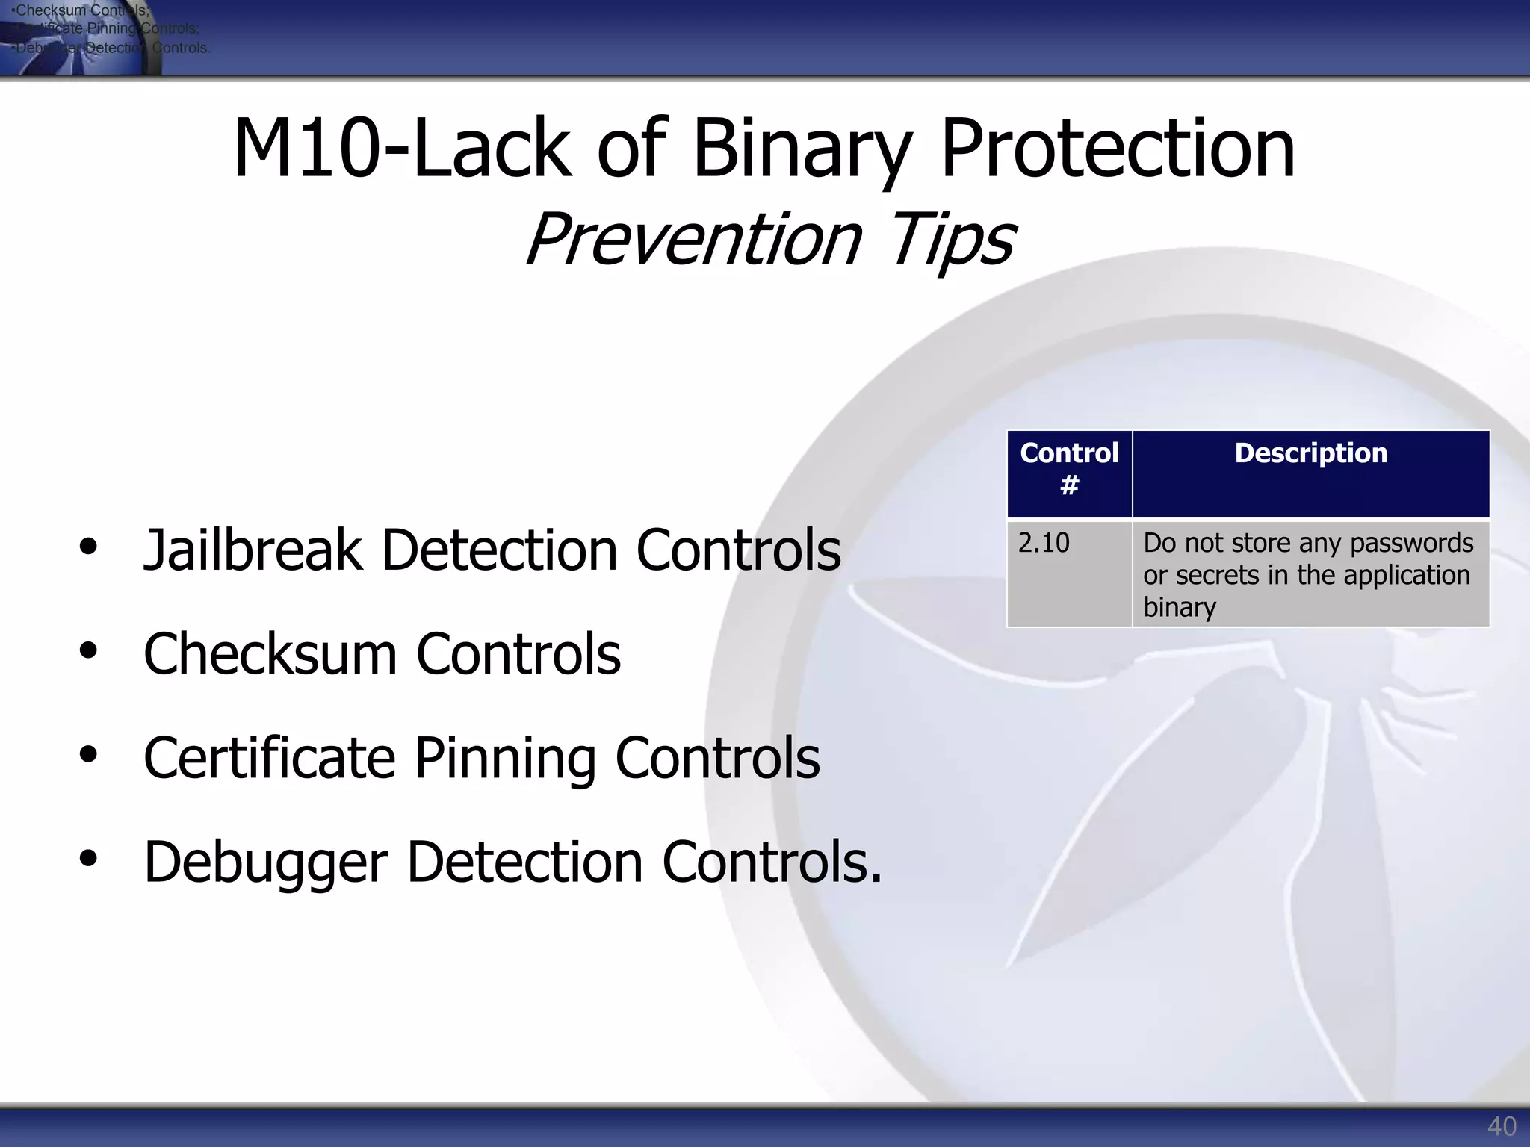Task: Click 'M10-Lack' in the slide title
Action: click(x=403, y=149)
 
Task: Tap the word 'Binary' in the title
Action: click(x=802, y=149)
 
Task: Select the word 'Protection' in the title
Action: click(x=1118, y=149)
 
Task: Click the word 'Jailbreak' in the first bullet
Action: click(x=253, y=550)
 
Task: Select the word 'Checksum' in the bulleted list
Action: click(x=270, y=654)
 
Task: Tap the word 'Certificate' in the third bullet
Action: click(x=269, y=758)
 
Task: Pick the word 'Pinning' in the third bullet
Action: click(x=505, y=758)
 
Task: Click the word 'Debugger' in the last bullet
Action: click(x=265, y=862)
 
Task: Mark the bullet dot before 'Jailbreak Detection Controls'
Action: click(x=88, y=547)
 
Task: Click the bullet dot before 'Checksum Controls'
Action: click(x=88, y=650)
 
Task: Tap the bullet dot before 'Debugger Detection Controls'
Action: click(x=88, y=859)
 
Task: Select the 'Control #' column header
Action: click(x=1069, y=469)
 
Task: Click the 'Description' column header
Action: click(x=1310, y=453)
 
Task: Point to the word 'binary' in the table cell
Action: click(x=1179, y=607)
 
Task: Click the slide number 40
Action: click(x=1501, y=1125)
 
